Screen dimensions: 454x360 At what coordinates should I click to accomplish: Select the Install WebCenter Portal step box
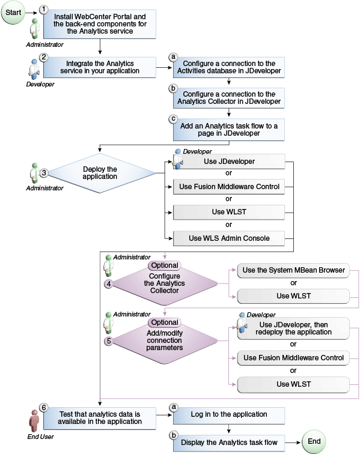(x=100, y=24)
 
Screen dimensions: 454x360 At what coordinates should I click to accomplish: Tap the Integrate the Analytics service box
(x=100, y=67)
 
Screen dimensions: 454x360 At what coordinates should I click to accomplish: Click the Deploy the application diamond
(x=100, y=172)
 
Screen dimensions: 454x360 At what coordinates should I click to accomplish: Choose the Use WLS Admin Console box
(x=228, y=238)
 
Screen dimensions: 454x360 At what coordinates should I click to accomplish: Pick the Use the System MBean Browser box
(x=293, y=270)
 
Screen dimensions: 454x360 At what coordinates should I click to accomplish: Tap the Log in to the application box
(x=228, y=415)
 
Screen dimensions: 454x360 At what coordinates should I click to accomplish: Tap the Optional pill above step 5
(x=164, y=322)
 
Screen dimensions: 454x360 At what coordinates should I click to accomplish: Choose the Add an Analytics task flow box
(x=228, y=129)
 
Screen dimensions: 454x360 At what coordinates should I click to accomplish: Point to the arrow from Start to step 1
(x=32, y=10)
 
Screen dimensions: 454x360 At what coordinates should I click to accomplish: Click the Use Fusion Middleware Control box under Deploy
(x=228, y=187)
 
